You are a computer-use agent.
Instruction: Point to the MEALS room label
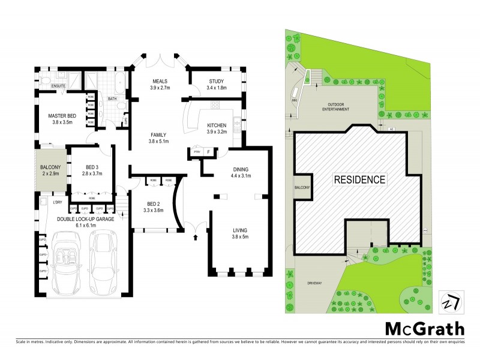pyautogui.click(x=159, y=84)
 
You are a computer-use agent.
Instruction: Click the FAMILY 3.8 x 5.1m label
pyautogui.click(x=159, y=138)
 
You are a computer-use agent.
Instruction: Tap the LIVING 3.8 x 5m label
pyautogui.click(x=240, y=233)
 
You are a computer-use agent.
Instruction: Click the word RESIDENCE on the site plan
pyautogui.click(x=359, y=179)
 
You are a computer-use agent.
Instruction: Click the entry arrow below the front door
pyautogui.click(x=196, y=237)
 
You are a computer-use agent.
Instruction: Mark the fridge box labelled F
pyautogui.click(x=208, y=152)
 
